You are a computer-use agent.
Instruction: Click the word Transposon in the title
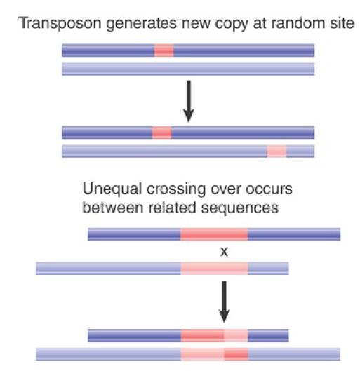click(60, 24)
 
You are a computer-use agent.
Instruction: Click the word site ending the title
click(342, 23)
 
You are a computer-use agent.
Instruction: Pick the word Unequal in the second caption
click(112, 189)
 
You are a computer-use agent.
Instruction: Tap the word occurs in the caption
click(269, 189)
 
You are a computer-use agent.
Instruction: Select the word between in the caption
click(113, 208)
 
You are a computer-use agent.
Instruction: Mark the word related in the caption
click(172, 208)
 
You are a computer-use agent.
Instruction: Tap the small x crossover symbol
click(224, 252)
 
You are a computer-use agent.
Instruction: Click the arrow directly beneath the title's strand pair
click(189, 102)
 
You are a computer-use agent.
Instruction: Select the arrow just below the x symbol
click(224, 302)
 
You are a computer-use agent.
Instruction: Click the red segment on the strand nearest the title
click(164, 50)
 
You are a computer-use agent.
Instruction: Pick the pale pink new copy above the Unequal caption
click(276, 151)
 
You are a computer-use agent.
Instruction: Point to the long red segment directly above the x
click(214, 234)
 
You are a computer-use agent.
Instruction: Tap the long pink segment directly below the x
click(215, 269)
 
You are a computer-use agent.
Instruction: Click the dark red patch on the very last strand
click(236, 354)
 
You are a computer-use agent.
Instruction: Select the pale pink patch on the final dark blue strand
click(236, 335)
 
